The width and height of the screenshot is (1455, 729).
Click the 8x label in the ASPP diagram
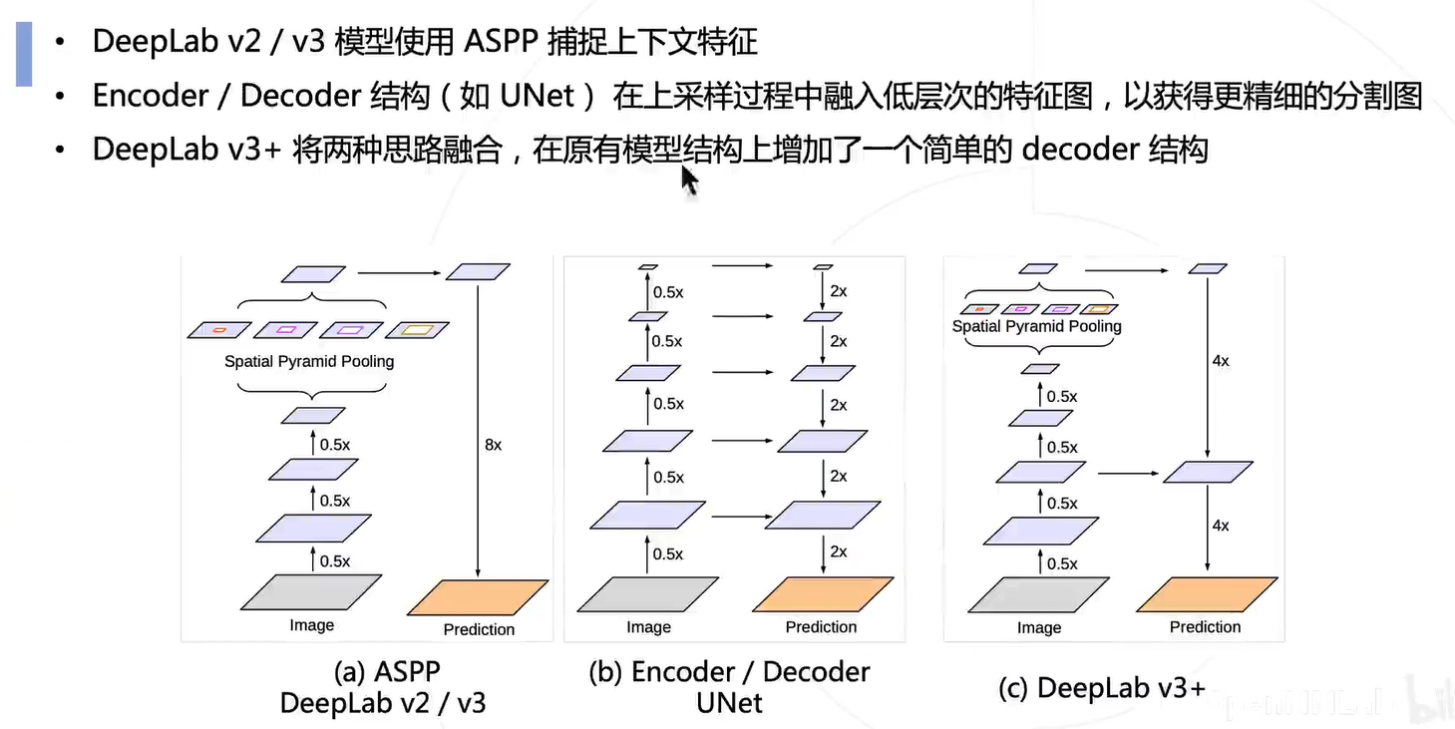493,445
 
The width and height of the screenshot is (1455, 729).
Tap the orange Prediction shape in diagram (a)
478,597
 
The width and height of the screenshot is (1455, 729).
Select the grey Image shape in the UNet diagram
647,593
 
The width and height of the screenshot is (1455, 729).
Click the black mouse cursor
690,180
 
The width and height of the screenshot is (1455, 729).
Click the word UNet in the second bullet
537,96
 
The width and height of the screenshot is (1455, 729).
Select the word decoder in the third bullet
1080,150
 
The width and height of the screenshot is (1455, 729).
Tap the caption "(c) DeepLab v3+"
1102,688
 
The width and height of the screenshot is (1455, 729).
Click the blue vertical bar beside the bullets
24,54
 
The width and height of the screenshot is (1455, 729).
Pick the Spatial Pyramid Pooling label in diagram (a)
309,361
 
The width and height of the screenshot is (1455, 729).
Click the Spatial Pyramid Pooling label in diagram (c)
1037,326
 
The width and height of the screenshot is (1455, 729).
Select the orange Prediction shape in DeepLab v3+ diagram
1207,594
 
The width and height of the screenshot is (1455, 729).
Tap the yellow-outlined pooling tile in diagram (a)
417,330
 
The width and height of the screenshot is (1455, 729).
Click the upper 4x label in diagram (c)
1221,361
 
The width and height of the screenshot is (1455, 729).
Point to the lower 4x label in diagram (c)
1221,526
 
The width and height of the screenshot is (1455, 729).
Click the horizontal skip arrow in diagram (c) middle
1128,474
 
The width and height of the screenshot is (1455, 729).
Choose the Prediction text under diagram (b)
821,627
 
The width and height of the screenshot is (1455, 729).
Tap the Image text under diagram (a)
312,625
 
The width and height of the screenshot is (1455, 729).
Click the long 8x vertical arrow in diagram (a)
478,431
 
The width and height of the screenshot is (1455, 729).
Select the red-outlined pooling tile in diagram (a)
219,330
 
